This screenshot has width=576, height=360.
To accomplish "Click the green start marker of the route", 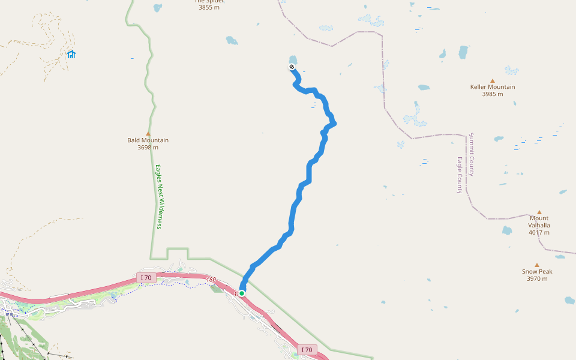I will [x=242, y=293].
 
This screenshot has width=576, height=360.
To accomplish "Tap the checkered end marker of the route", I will [x=292, y=67].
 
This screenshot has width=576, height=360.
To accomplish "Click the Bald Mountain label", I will [x=148, y=140].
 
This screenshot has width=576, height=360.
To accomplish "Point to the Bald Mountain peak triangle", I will [x=148, y=133].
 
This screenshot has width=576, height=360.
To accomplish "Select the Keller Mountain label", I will [x=493, y=87].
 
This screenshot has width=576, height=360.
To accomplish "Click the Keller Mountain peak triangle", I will [x=493, y=80].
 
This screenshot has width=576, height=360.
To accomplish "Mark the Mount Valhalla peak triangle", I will [x=539, y=212].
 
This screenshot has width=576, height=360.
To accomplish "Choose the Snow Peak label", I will [x=537, y=271].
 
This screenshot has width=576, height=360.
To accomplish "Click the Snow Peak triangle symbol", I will [x=537, y=265].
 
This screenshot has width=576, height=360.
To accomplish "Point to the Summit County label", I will [x=472, y=154].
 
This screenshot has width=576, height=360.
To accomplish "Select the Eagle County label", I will [x=460, y=175].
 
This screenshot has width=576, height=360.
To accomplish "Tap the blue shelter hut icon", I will [x=71, y=55].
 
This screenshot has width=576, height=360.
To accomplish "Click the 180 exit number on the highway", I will [x=210, y=280].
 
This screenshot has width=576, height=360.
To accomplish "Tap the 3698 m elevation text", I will [x=148, y=147].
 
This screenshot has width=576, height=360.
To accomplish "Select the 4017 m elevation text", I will [x=539, y=232].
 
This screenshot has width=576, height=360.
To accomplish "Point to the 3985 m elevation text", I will [x=493, y=94].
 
